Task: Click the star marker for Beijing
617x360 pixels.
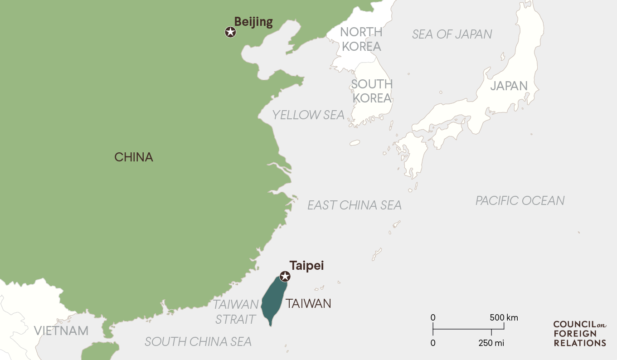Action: [230, 32]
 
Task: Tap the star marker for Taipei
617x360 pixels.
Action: [285, 276]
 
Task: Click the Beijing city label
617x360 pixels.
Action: [253, 22]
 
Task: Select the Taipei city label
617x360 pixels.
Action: [307, 266]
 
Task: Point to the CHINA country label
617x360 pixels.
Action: [134, 157]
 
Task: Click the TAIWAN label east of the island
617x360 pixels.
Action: [308, 303]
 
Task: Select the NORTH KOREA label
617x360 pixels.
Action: [361, 39]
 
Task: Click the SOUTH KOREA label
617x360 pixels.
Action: [372, 91]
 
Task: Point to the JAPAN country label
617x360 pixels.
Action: [509, 86]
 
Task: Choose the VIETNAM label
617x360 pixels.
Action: [61, 331]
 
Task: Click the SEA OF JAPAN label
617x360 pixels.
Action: [452, 34]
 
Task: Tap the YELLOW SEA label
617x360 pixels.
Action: [308, 115]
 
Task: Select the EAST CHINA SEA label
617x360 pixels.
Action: [355, 205]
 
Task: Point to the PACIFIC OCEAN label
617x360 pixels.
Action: [520, 200]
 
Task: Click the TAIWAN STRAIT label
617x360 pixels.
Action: [236, 311]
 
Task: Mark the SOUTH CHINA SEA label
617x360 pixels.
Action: [198, 341]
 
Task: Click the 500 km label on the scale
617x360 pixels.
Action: [504, 317]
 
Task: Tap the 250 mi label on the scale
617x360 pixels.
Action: [491, 343]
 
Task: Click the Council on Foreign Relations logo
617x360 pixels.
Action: [579, 334]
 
